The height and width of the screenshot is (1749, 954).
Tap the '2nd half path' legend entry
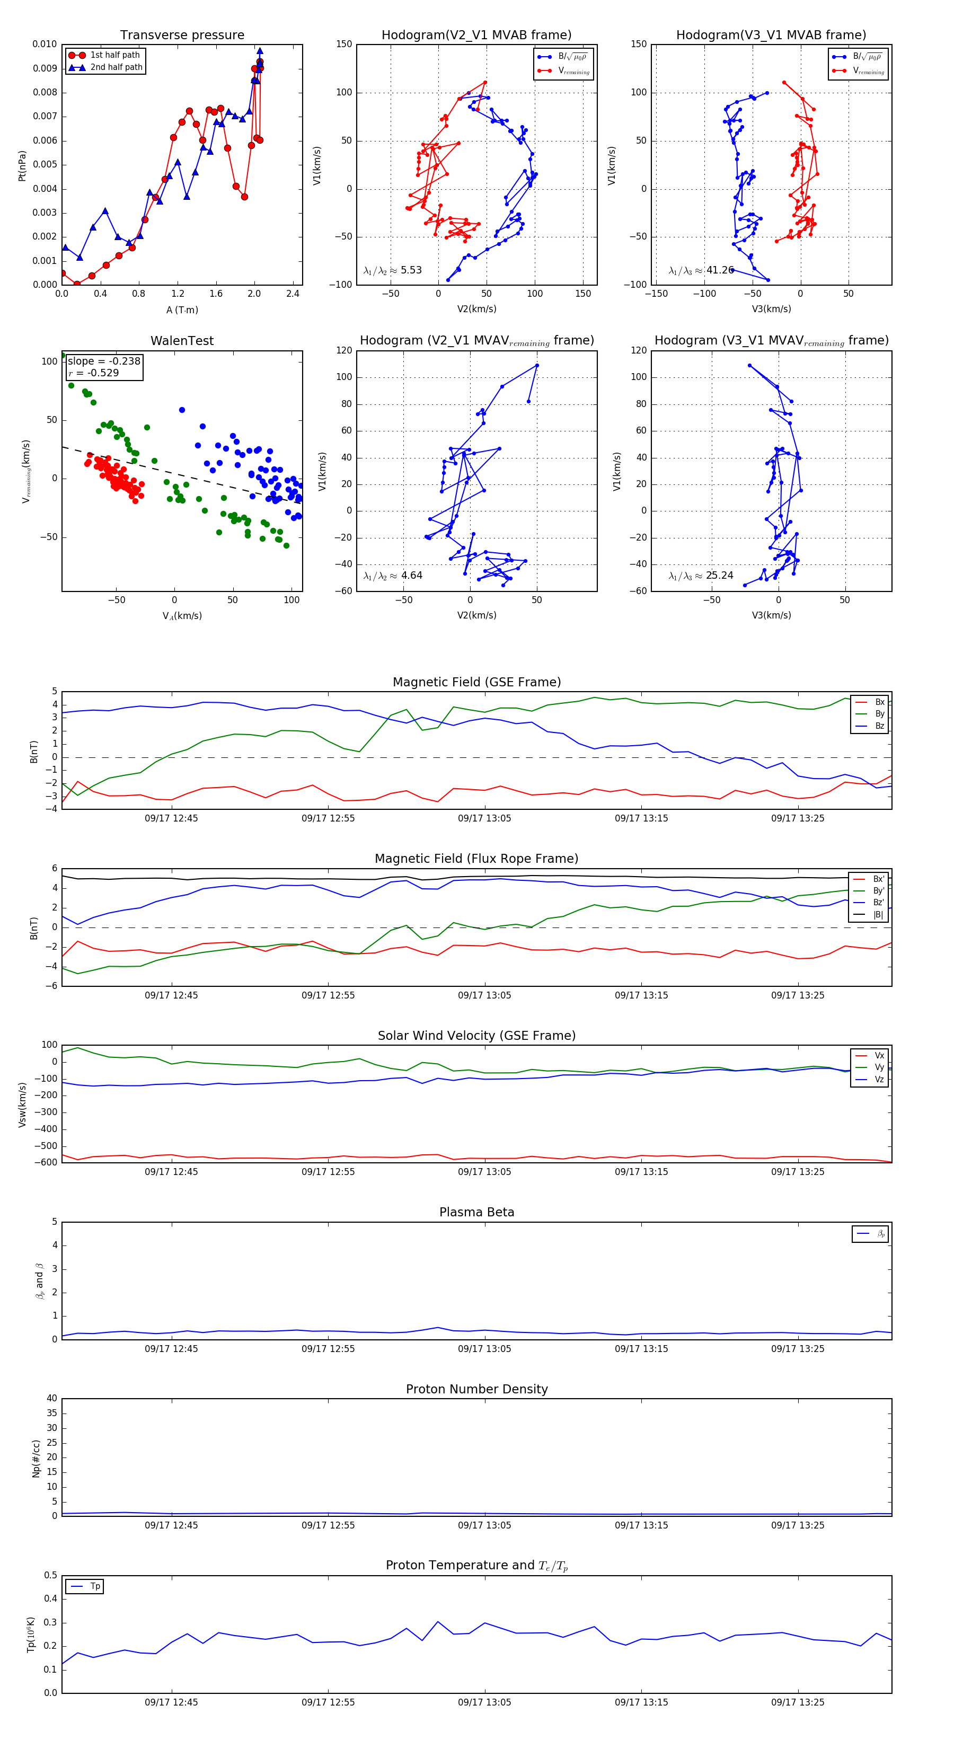pos(116,67)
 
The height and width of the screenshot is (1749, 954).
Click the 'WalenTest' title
pos(182,341)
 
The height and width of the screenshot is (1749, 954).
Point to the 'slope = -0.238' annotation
pos(104,361)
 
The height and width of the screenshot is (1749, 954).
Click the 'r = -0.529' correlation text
pos(94,373)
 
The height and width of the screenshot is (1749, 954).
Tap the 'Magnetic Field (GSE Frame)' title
pos(476,682)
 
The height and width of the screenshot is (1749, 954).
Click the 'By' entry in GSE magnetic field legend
pos(879,713)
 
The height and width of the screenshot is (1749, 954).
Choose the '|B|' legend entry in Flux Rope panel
pos(878,915)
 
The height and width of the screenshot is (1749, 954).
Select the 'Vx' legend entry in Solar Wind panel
pos(879,1056)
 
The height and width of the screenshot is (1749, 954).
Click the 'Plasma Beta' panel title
pos(476,1213)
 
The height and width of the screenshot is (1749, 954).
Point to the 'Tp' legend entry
pos(95,1587)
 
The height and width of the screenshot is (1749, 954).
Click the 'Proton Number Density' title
pos(476,1389)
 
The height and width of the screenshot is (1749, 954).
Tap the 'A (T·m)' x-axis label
pos(182,310)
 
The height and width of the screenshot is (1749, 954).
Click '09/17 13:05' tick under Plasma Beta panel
pos(484,1348)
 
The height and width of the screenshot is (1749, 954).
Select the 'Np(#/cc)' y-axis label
pos(36,1457)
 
